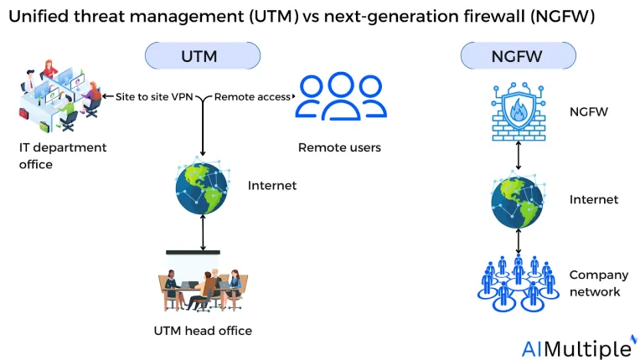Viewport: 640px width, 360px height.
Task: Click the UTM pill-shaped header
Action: pos(203,55)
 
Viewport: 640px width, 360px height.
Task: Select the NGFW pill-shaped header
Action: pos(518,55)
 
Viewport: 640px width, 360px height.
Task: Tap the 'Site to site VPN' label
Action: pos(154,97)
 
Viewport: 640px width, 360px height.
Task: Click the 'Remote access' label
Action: pos(252,97)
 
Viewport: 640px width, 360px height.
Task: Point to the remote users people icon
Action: pos(341,96)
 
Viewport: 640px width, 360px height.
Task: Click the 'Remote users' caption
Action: pos(339,147)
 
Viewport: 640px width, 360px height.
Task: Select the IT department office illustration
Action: pos(60,95)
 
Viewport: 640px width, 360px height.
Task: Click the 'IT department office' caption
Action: pos(63,156)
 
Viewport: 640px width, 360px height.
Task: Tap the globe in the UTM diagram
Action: pos(202,188)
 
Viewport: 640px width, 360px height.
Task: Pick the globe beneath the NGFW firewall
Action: pos(518,201)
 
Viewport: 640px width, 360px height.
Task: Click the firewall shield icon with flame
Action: pos(519,111)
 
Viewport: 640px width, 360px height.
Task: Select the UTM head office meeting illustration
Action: pos(203,281)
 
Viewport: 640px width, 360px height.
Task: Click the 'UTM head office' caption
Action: pos(203,331)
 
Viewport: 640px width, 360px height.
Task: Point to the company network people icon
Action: pos(518,283)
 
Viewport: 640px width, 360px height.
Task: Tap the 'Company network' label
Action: pos(599,283)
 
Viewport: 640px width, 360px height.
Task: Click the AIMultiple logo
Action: pos(580,347)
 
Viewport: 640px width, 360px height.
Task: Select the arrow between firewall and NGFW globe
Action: pos(519,156)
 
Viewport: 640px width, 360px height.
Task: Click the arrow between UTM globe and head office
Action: pos(203,233)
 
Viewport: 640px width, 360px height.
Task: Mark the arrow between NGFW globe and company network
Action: pos(519,241)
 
